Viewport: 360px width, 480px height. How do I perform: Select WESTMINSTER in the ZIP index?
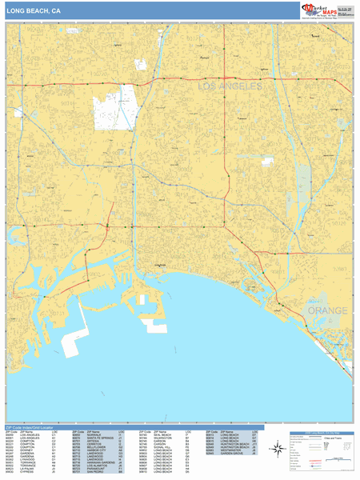click(230, 451)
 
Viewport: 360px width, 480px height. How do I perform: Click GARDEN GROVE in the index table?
click(231, 454)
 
